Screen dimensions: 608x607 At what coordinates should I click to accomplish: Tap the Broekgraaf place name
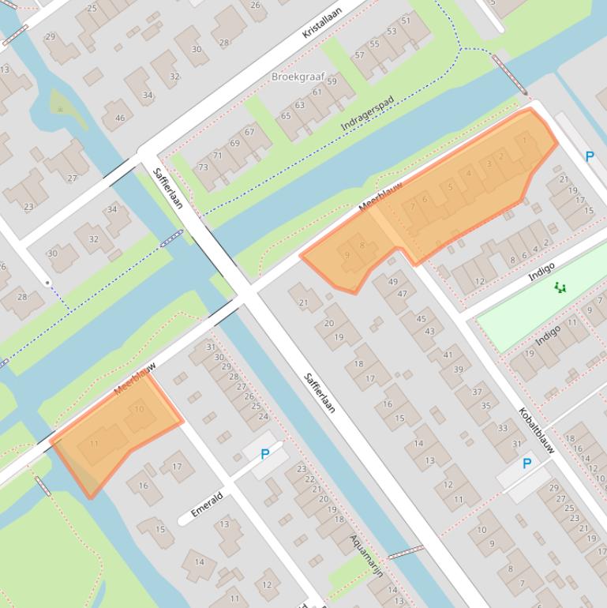tap(298, 77)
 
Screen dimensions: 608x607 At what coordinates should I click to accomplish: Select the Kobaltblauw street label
tap(537, 430)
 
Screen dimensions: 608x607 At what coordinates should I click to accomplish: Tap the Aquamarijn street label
tap(367, 555)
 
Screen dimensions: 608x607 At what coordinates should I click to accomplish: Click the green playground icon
tap(560, 288)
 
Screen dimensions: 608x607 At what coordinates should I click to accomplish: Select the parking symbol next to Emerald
tap(264, 454)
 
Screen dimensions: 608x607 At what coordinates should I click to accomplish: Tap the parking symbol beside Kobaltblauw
tap(526, 464)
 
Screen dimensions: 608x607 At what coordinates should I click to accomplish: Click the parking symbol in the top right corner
tap(589, 156)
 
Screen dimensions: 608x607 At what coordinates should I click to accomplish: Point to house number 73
tap(204, 167)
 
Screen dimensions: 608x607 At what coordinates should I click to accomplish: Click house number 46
tap(120, 118)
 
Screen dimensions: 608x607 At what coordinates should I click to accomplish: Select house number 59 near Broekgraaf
tap(332, 81)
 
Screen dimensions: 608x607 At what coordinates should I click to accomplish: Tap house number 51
tap(406, 21)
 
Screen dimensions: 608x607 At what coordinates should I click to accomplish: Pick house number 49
tap(393, 282)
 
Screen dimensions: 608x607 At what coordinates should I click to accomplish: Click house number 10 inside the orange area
tap(140, 408)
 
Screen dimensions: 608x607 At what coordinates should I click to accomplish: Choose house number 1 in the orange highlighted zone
tap(525, 141)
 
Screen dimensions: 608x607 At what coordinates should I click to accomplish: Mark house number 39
tap(458, 369)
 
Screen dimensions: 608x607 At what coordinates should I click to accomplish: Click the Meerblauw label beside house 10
tap(135, 379)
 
